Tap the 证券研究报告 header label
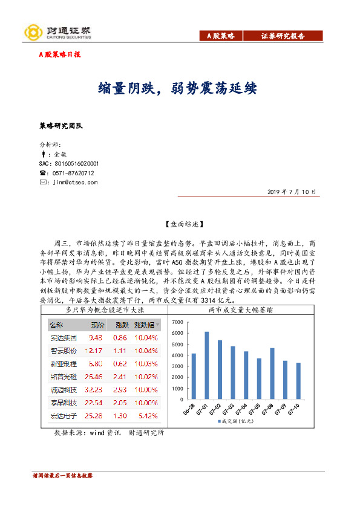tap(283, 36)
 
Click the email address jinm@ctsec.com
tap(74, 182)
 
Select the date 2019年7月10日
tap(292, 192)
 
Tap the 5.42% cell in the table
tap(148, 415)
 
